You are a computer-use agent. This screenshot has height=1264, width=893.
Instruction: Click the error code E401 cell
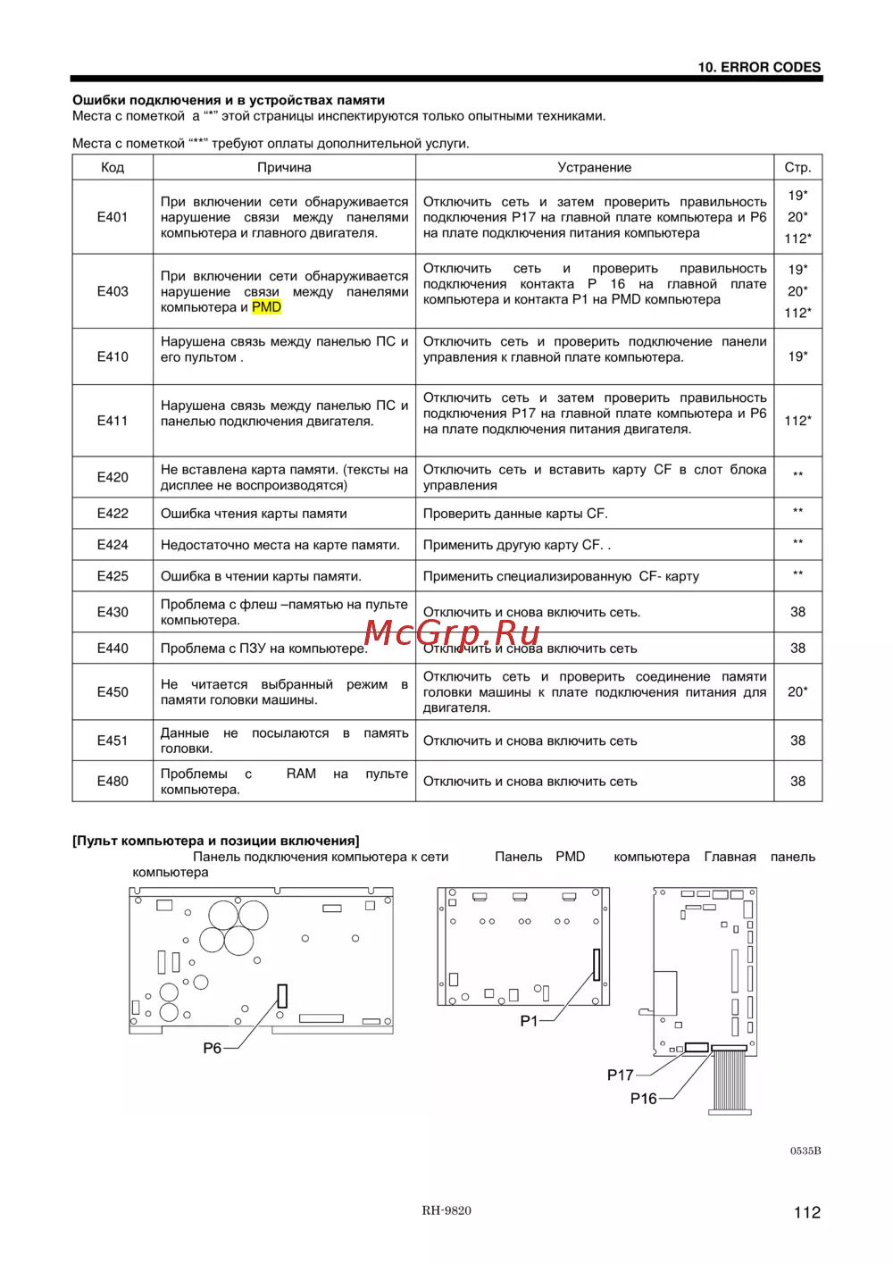tap(113, 217)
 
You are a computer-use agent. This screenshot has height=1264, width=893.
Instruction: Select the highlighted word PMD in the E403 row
tap(266, 307)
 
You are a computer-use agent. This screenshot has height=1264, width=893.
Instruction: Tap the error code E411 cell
tap(113, 421)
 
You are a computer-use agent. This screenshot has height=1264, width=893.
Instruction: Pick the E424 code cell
tap(113, 545)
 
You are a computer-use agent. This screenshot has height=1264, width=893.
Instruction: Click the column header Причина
tap(284, 168)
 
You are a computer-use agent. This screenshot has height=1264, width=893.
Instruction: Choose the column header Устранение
tap(594, 168)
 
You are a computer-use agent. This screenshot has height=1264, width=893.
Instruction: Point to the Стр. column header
tap(797, 168)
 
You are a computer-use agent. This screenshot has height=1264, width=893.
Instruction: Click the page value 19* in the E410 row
tap(797, 356)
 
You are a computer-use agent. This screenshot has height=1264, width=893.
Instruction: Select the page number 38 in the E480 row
tap(797, 781)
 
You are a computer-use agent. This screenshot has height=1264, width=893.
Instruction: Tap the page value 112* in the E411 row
tap(797, 421)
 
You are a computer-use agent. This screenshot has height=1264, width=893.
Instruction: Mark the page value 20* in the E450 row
tap(797, 691)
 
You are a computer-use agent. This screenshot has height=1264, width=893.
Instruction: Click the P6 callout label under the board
tap(213, 1048)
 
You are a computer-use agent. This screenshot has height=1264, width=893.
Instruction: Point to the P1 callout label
tap(529, 1020)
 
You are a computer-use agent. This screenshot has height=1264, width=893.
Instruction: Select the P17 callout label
tap(620, 1075)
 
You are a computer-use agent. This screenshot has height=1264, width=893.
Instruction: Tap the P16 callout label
tap(643, 1098)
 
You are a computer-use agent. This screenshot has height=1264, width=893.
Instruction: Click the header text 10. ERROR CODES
tap(759, 67)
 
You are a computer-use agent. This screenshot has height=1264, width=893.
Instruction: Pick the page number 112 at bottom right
tap(806, 1212)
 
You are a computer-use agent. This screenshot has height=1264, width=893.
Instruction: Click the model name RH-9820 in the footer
tap(446, 1210)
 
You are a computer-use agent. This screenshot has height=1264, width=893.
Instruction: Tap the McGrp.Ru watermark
tap(452, 632)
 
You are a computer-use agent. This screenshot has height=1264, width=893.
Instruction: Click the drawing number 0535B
tap(805, 1151)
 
